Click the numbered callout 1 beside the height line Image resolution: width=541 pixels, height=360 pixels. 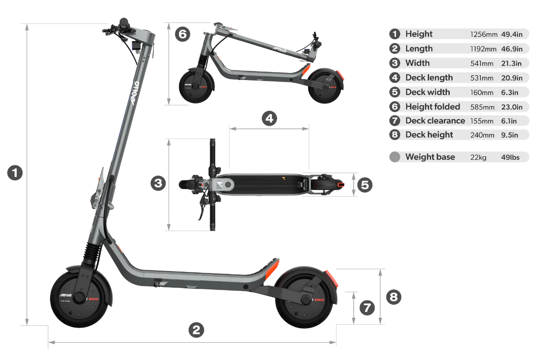15,173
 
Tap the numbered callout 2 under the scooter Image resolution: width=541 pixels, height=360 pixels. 196,330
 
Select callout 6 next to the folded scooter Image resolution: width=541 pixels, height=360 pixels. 183,34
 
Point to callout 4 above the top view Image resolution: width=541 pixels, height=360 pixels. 270,119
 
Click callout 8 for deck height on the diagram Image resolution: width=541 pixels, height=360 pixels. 394,297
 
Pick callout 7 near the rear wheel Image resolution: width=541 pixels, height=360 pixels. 367,308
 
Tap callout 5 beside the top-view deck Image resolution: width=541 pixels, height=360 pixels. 365,185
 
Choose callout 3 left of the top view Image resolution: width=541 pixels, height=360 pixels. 158,183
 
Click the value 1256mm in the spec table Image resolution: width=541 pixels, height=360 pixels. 484,35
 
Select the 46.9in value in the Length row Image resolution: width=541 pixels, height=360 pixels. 512,49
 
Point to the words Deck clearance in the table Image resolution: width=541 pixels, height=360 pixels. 435,121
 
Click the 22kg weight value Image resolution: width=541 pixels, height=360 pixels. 478,157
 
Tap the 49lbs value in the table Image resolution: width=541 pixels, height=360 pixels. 510,157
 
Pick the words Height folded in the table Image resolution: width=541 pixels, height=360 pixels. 433,107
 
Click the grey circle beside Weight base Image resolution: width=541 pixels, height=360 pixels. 395,157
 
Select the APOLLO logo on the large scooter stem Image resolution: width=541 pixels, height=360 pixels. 135,93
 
